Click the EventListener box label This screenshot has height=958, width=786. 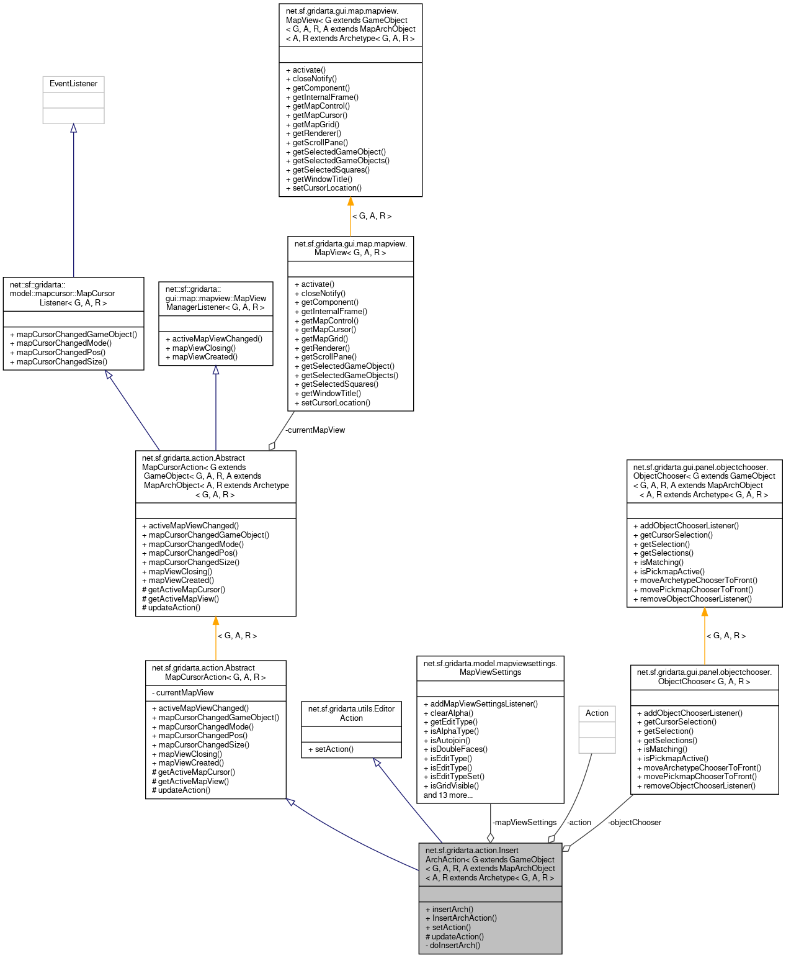tap(73, 84)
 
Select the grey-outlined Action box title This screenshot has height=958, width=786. tap(597, 713)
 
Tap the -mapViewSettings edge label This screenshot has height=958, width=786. tap(524, 823)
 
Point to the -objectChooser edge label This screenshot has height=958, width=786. tap(635, 823)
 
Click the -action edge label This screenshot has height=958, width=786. tap(579, 823)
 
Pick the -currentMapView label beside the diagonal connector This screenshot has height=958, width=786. tap(315, 430)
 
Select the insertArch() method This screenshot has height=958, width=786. tap(449, 910)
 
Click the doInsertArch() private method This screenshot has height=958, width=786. tap(453, 946)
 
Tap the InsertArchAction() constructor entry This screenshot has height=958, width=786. tap(461, 918)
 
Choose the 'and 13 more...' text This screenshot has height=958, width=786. tap(448, 795)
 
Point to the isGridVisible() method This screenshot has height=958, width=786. tap(451, 786)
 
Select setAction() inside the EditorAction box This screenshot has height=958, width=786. tap(331, 749)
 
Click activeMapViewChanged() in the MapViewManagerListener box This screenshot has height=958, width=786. tap(214, 339)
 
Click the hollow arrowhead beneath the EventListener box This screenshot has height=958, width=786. tap(73, 129)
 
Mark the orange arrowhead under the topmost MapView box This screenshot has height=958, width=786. tap(351, 201)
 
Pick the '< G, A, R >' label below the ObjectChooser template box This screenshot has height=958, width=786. tap(726, 636)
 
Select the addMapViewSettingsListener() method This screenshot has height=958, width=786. tap(481, 704)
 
